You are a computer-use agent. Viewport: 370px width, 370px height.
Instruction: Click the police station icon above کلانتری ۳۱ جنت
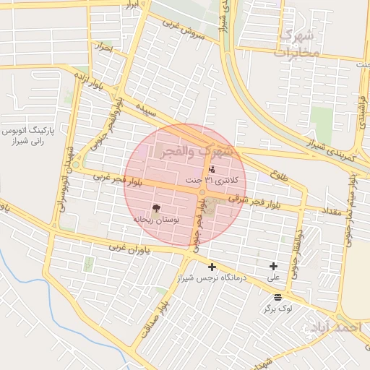211,169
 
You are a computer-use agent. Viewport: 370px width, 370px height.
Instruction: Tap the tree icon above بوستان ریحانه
157,207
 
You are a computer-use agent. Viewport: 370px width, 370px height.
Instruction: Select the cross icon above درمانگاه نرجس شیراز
212,267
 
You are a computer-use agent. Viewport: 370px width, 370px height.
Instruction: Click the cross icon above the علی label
273,267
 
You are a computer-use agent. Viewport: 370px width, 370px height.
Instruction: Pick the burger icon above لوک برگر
278,298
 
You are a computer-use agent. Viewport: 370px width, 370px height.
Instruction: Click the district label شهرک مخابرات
298,43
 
